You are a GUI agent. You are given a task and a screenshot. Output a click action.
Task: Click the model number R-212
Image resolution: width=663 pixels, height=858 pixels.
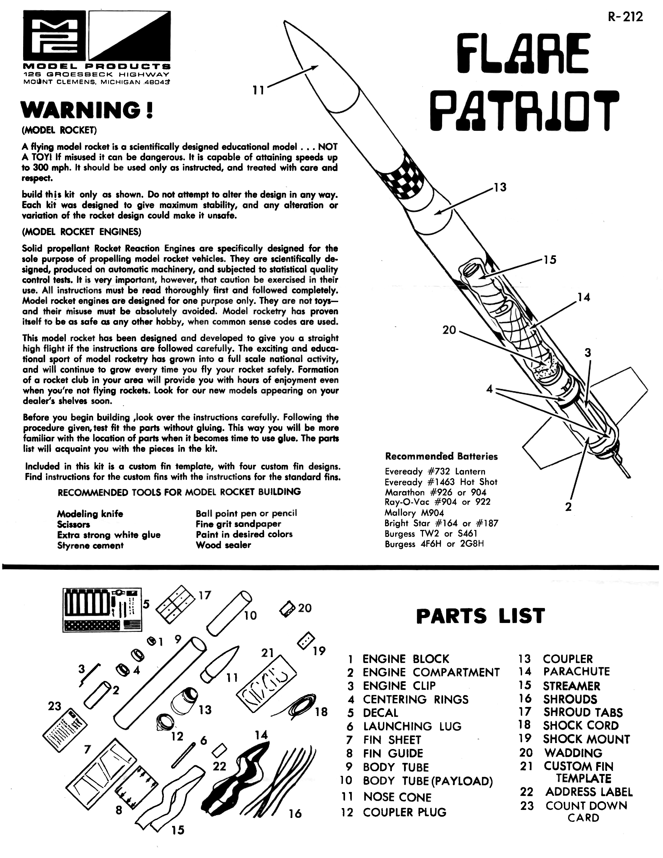pos(625,17)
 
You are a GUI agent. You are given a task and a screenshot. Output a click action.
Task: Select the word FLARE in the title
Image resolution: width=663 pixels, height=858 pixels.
pos(525,53)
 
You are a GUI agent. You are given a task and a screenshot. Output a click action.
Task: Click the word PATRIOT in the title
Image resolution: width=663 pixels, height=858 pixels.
pos(524,111)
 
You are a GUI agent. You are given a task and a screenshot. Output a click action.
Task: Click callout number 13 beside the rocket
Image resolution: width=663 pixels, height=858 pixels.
pos(500,187)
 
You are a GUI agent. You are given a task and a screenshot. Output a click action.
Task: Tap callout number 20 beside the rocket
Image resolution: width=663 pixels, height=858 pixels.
pos(449,330)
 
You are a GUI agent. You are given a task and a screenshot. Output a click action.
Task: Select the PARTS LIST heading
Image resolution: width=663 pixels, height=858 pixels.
pos(480,616)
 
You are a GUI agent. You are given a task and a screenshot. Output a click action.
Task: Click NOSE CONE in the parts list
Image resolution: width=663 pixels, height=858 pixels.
pos(397,797)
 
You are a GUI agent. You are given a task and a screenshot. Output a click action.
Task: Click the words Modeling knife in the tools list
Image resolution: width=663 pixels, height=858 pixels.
pos(90,514)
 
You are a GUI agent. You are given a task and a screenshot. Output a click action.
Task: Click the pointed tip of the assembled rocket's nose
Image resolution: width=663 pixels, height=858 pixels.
pos(284,22)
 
